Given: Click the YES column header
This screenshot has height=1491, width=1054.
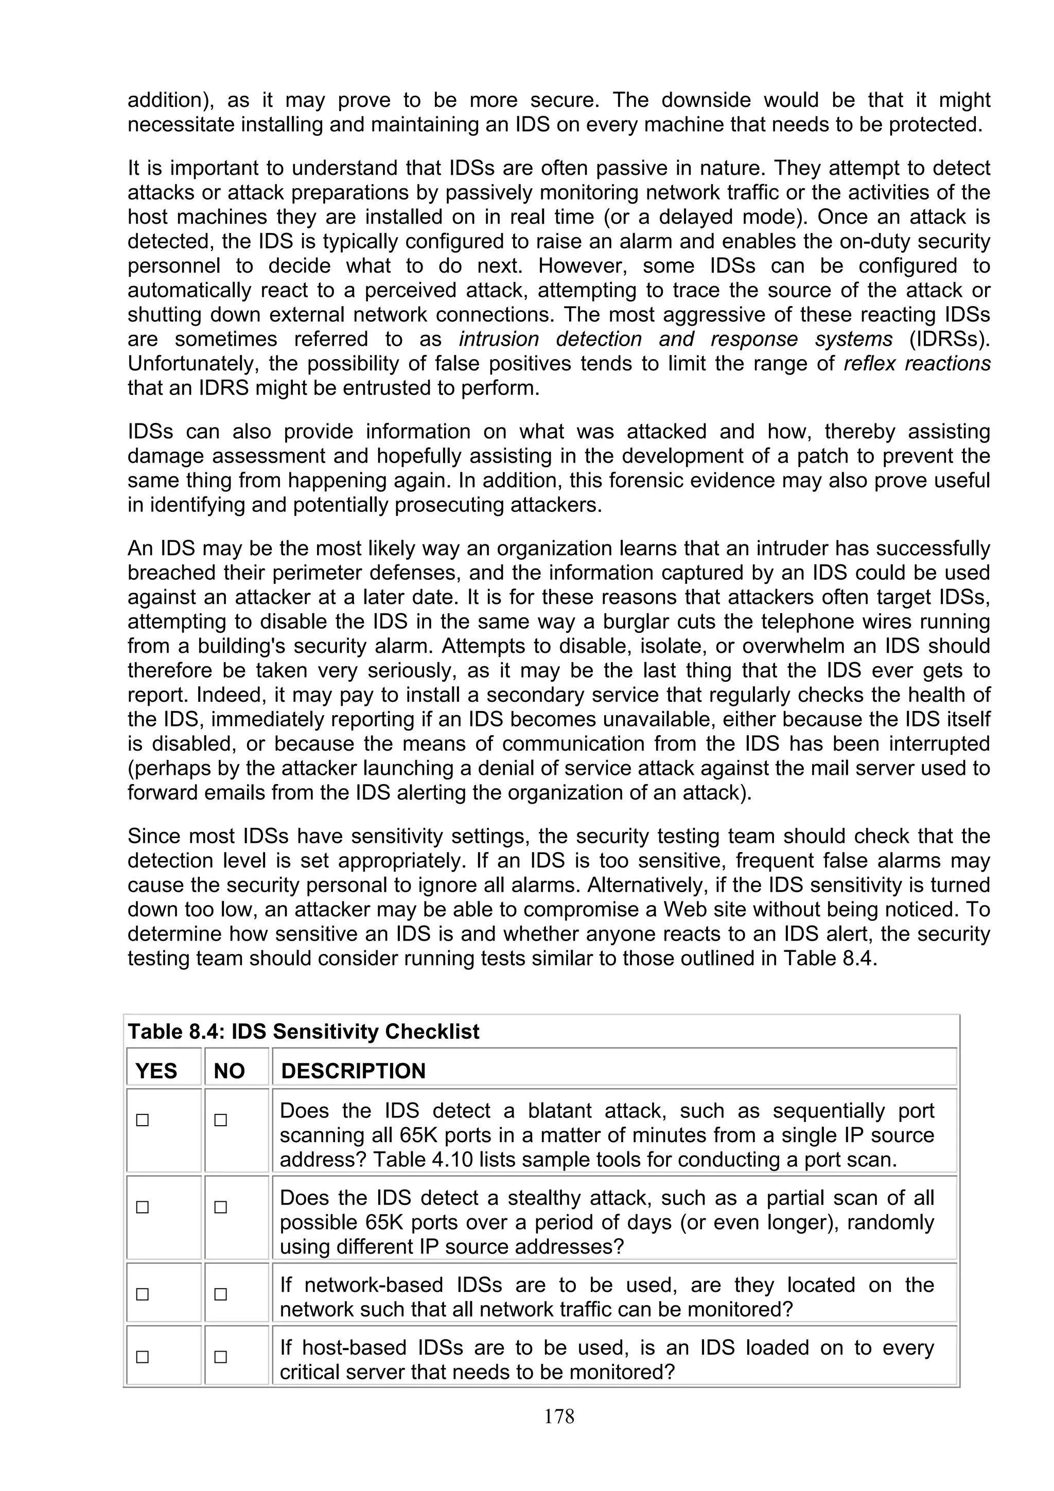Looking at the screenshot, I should tap(156, 1071).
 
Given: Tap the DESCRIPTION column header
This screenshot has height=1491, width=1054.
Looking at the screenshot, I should tap(353, 1071).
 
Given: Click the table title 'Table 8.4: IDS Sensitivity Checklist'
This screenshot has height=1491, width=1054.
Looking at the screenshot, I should tap(303, 1031).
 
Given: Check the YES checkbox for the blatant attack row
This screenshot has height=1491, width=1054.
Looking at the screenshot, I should tap(142, 1120).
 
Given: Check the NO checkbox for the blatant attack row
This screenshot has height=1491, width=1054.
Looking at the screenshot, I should tap(221, 1120).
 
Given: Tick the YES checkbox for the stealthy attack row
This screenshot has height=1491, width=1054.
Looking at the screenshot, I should tap(142, 1207).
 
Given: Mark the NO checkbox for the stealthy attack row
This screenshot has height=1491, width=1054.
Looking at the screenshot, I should tap(221, 1207).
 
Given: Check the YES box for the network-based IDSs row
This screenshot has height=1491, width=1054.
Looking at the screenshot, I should tap(142, 1294).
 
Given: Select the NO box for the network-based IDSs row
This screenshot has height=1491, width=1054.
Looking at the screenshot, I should tap(221, 1294).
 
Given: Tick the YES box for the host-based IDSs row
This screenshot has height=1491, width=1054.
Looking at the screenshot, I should tap(142, 1357).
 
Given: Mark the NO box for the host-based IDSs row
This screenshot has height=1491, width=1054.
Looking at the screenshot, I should tap(221, 1357).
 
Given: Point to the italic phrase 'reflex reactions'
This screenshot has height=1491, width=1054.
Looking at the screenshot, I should tap(917, 364).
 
